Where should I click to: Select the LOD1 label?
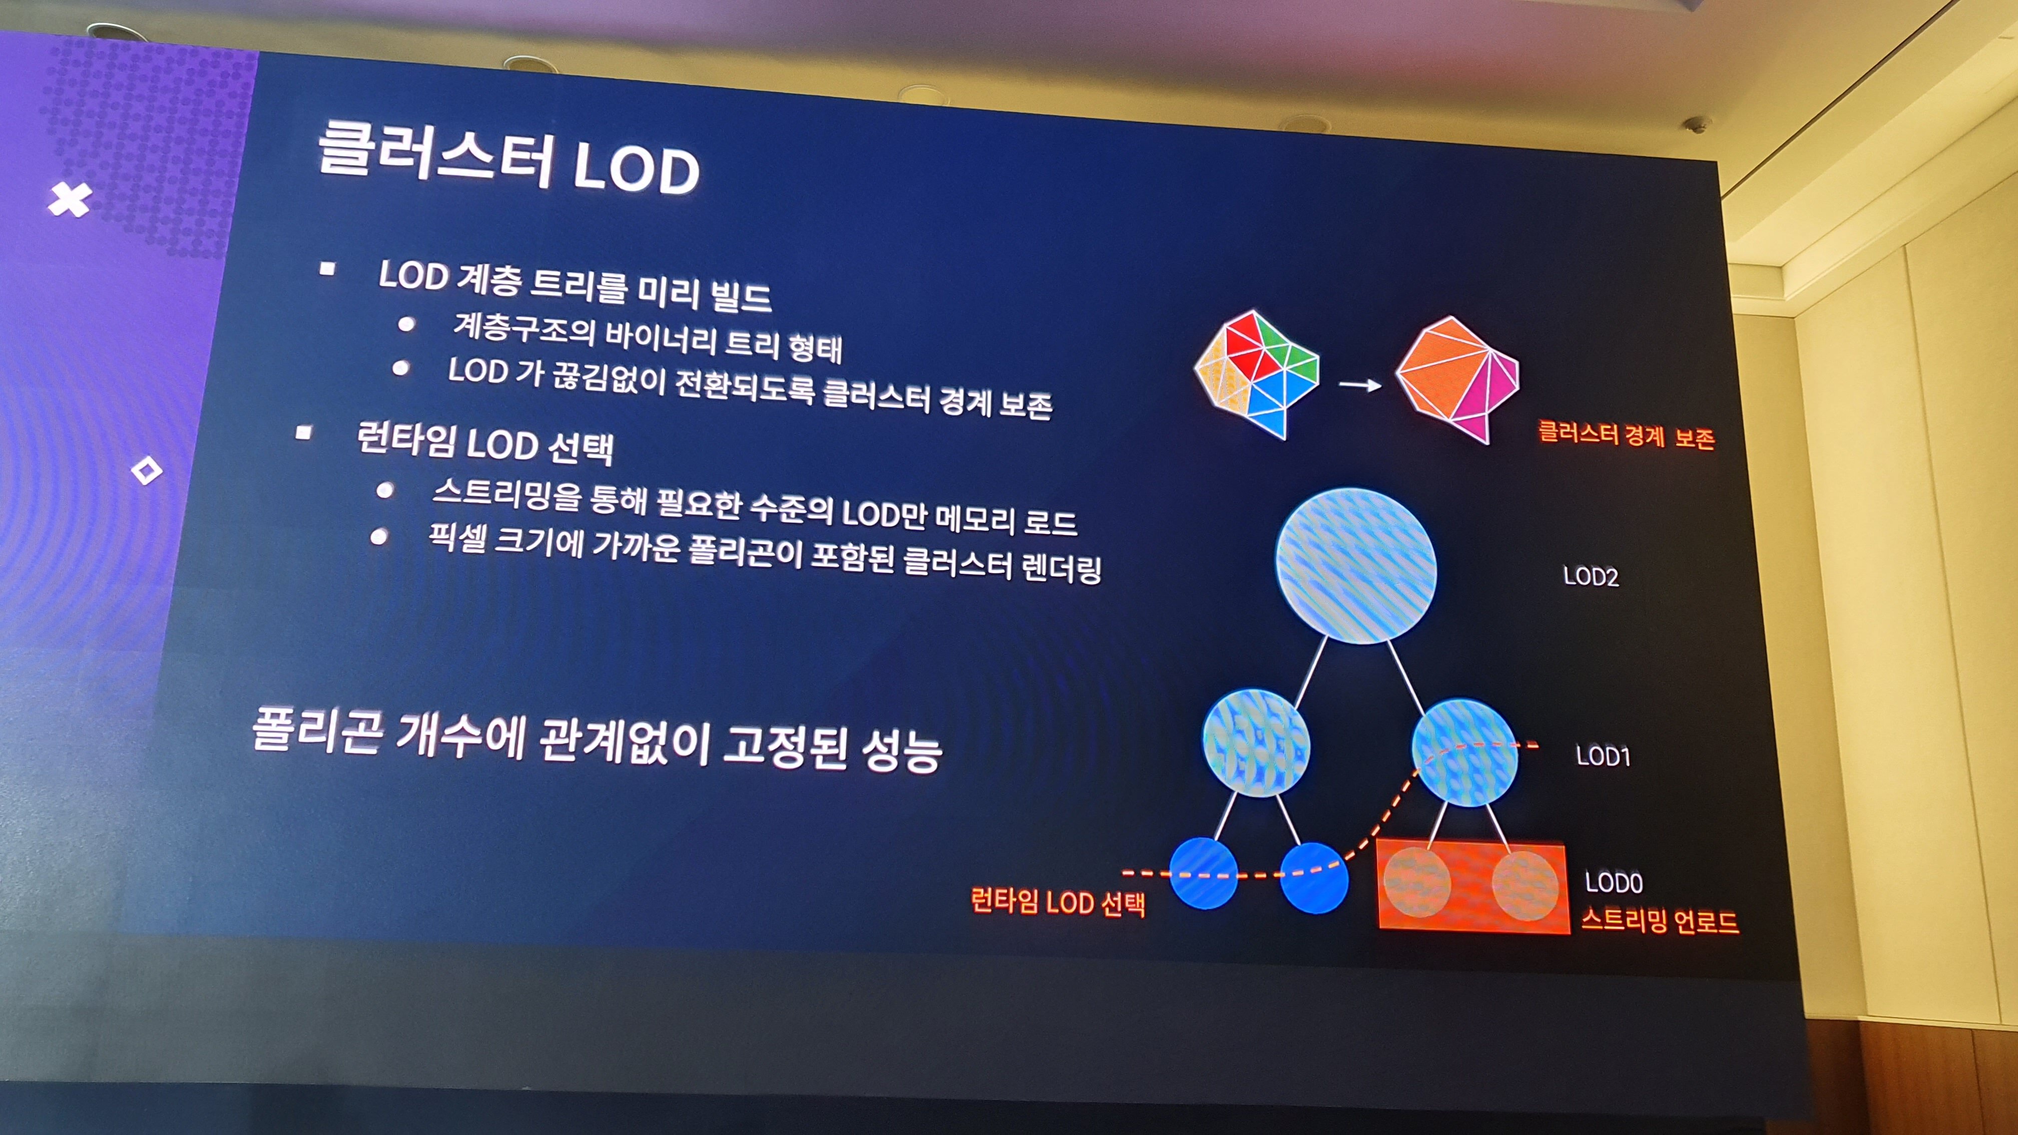pos(1603,756)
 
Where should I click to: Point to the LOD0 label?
pos(1614,883)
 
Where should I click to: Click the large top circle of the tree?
pos(1356,565)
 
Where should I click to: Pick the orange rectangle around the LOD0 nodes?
pos(1473,887)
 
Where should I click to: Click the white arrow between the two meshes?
pos(1360,385)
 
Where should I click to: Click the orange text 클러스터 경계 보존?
pos(1626,434)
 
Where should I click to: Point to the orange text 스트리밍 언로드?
pos(1659,920)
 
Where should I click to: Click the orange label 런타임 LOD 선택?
pos(1058,902)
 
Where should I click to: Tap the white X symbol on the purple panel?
pos(70,200)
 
